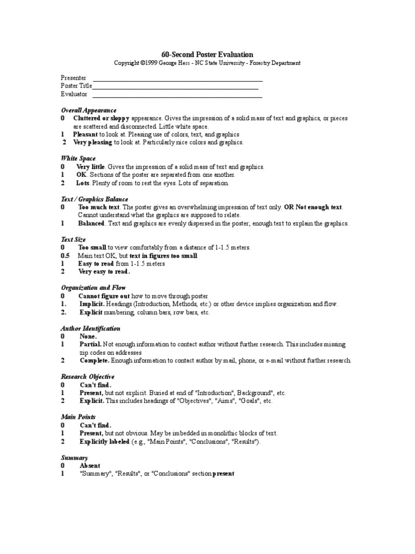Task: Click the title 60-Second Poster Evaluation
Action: point(207,54)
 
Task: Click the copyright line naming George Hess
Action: point(207,63)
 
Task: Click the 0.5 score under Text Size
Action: point(65,255)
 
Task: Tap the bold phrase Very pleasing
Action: point(92,142)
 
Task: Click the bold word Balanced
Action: point(91,223)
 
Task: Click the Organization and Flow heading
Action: point(93,288)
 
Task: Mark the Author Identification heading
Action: point(90,328)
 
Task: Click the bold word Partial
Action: point(91,345)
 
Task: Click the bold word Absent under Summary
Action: point(90,465)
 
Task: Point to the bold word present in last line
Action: point(223,474)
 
